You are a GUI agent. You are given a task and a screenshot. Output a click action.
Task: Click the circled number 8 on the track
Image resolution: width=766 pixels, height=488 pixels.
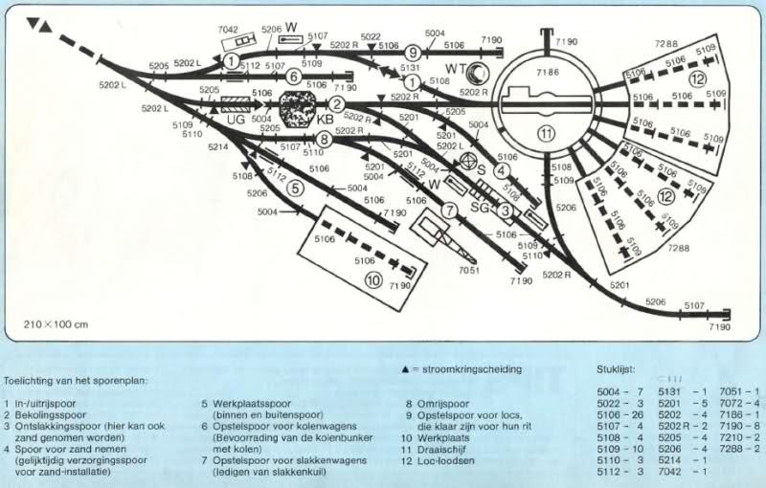[x=325, y=140]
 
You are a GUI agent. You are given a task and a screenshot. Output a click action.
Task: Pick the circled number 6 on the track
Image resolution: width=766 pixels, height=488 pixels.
[x=294, y=76]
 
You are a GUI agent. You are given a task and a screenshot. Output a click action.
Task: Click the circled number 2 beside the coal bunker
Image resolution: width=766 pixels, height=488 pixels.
[x=336, y=104]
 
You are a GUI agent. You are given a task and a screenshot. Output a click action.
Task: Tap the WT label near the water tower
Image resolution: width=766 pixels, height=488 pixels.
[x=457, y=69]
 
